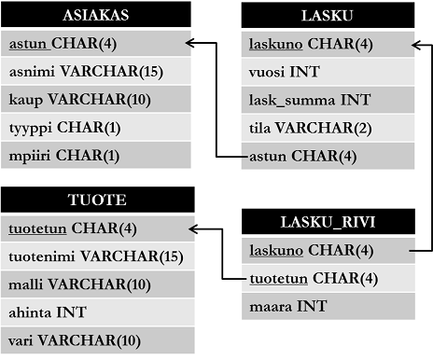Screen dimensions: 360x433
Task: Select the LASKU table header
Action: coord(327,16)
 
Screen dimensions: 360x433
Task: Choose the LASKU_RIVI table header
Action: coord(327,222)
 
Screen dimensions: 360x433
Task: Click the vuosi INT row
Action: coord(327,71)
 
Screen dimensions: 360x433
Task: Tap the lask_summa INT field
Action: coord(327,99)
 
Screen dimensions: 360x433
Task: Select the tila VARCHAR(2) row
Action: coord(327,127)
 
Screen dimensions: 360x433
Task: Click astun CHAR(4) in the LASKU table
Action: coord(327,155)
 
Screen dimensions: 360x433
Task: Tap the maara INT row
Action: coord(327,305)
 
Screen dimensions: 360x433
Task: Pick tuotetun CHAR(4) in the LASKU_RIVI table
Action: coord(327,277)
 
